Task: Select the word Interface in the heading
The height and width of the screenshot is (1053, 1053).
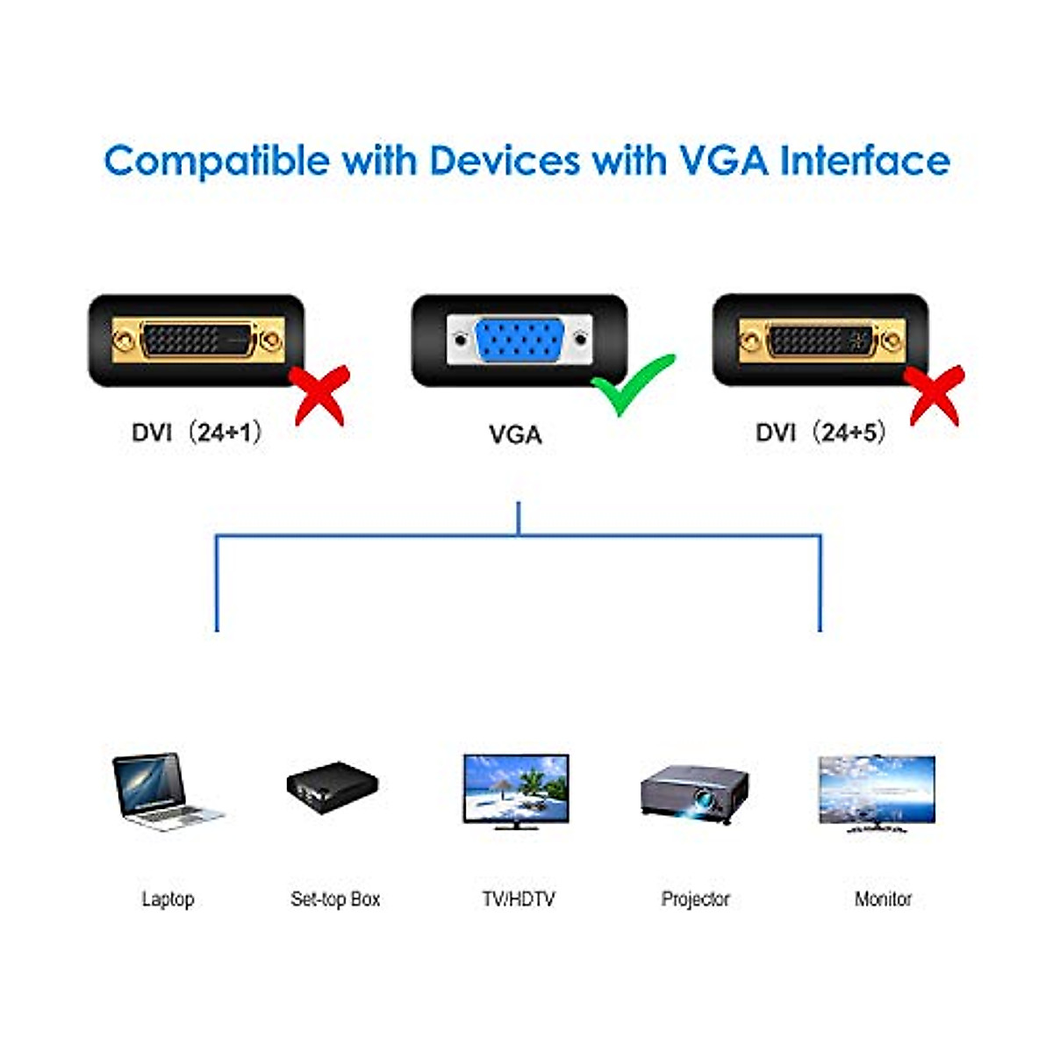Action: (864, 161)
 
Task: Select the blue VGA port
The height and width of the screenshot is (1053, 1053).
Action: (519, 340)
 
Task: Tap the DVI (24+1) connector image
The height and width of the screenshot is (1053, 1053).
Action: (197, 340)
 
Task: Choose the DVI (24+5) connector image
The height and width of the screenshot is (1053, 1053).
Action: (820, 340)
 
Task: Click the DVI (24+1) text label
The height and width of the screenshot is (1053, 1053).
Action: (197, 433)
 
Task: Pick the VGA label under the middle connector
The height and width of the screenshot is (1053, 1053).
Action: (515, 434)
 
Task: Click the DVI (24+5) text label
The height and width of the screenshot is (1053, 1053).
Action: (820, 433)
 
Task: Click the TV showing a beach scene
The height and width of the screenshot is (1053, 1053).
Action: (516, 790)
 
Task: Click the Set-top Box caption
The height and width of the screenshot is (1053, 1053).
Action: (335, 899)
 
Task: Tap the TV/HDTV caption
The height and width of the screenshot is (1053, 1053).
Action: (518, 899)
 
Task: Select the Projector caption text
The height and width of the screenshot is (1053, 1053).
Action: (695, 899)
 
